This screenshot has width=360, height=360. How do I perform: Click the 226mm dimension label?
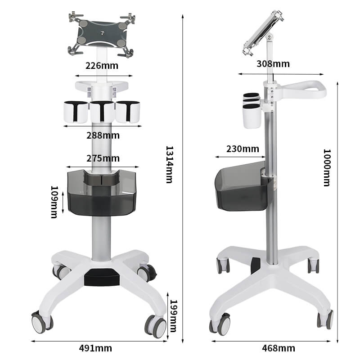pos(102,66)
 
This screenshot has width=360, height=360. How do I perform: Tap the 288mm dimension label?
pos(103,135)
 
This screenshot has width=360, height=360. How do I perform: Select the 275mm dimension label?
pos(103,158)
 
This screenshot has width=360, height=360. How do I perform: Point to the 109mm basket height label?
pos(54,202)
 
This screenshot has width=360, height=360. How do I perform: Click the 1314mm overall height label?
pos(169,164)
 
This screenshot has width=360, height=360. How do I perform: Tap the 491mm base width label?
pos(95,348)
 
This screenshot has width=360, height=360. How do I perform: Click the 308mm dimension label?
pos(273,63)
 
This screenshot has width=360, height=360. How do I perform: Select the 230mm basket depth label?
pos(243,148)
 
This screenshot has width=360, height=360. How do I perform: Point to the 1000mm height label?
pos(327,167)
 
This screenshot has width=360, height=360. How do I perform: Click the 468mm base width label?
pos(279,348)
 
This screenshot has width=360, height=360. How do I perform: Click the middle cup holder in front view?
pos(102,112)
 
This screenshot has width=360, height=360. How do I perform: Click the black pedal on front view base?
pos(101,277)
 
